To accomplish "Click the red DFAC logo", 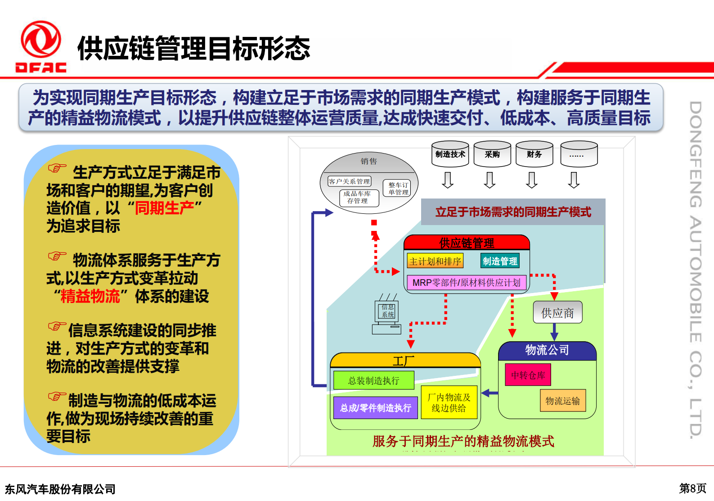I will [x=41, y=46].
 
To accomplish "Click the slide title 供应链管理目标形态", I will [x=193, y=49].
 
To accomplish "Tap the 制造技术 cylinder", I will [x=450, y=154].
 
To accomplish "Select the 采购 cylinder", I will [x=492, y=154].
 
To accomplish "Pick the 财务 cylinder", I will [x=534, y=154].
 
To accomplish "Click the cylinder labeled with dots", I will [x=579, y=154].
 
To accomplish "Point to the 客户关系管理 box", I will [x=349, y=181].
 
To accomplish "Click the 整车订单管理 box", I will [x=398, y=189].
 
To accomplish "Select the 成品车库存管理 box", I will [x=359, y=198].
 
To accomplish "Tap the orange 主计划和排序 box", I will [x=435, y=261].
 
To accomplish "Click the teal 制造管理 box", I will [x=499, y=261].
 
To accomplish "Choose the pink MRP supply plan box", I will [x=466, y=283].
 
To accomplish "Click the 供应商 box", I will [x=557, y=313].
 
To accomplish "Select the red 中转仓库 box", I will [x=528, y=375].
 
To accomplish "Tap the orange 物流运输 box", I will [x=562, y=401].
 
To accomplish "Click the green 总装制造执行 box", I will [x=373, y=380].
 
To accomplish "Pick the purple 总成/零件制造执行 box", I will [x=375, y=408].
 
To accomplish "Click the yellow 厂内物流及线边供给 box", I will [x=449, y=402].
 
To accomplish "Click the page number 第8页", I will [x=692, y=488].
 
